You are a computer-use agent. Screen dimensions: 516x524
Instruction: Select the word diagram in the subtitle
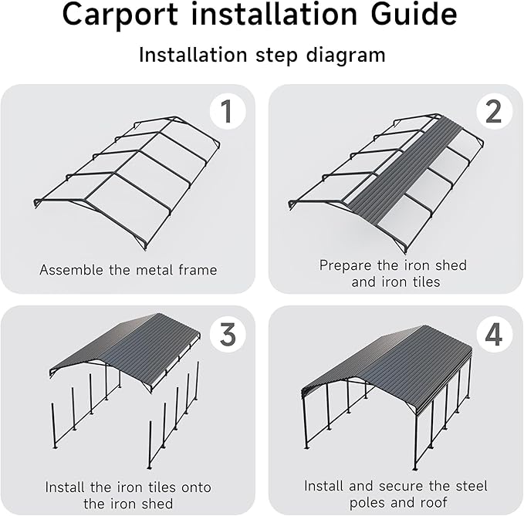(x=343, y=56)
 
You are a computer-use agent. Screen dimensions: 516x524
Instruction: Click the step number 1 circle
(x=226, y=112)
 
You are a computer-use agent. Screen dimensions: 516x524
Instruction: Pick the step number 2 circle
(x=494, y=112)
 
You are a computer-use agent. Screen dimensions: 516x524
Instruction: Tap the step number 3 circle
(x=228, y=334)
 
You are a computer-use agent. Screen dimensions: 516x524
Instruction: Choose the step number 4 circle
(x=494, y=334)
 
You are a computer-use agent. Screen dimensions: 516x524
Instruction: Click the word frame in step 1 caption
(x=197, y=270)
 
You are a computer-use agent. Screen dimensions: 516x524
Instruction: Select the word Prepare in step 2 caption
(x=345, y=265)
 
